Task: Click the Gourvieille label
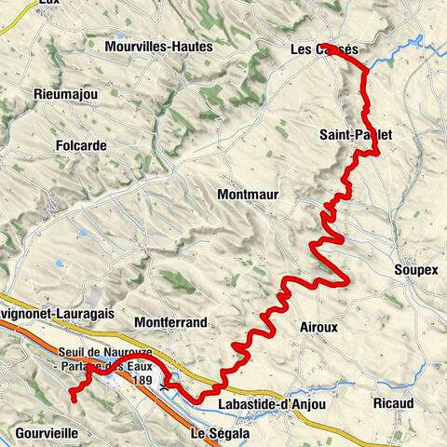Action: point(47,433)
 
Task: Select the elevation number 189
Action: point(142,380)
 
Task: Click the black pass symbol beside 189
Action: point(166,384)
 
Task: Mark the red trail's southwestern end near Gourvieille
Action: point(71,398)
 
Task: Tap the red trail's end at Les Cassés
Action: point(332,46)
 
